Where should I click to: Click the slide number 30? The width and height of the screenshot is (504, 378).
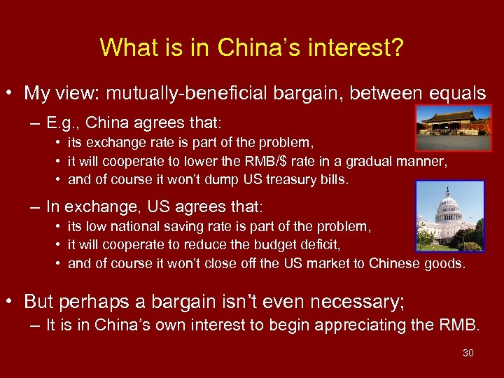pos(468,353)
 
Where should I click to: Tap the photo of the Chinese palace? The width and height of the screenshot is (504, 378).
pos(454,127)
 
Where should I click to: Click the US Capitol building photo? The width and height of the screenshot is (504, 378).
pos(449,216)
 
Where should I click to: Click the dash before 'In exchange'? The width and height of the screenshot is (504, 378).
pos(34,207)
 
